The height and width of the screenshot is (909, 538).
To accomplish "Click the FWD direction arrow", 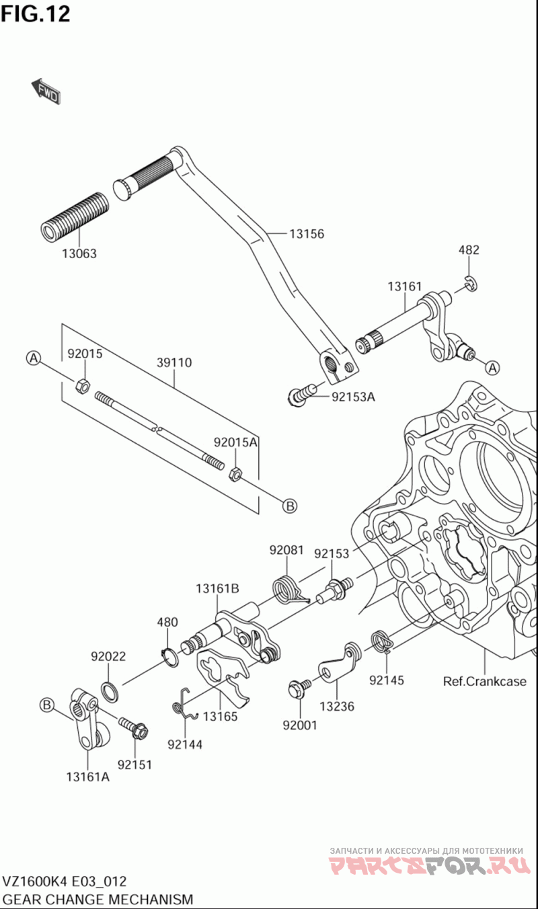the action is click(x=46, y=91).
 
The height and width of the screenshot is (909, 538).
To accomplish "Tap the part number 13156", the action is click(x=307, y=234).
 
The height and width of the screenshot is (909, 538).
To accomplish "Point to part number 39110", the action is click(x=174, y=362).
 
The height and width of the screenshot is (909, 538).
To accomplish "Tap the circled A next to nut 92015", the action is click(x=34, y=358).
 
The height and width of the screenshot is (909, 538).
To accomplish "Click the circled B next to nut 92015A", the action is click(x=290, y=506).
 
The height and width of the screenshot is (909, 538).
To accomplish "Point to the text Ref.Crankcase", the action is click(x=484, y=681).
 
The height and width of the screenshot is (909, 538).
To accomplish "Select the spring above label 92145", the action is click(x=383, y=641).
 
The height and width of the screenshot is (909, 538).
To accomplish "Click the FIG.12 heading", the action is click(x=36, y=14).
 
